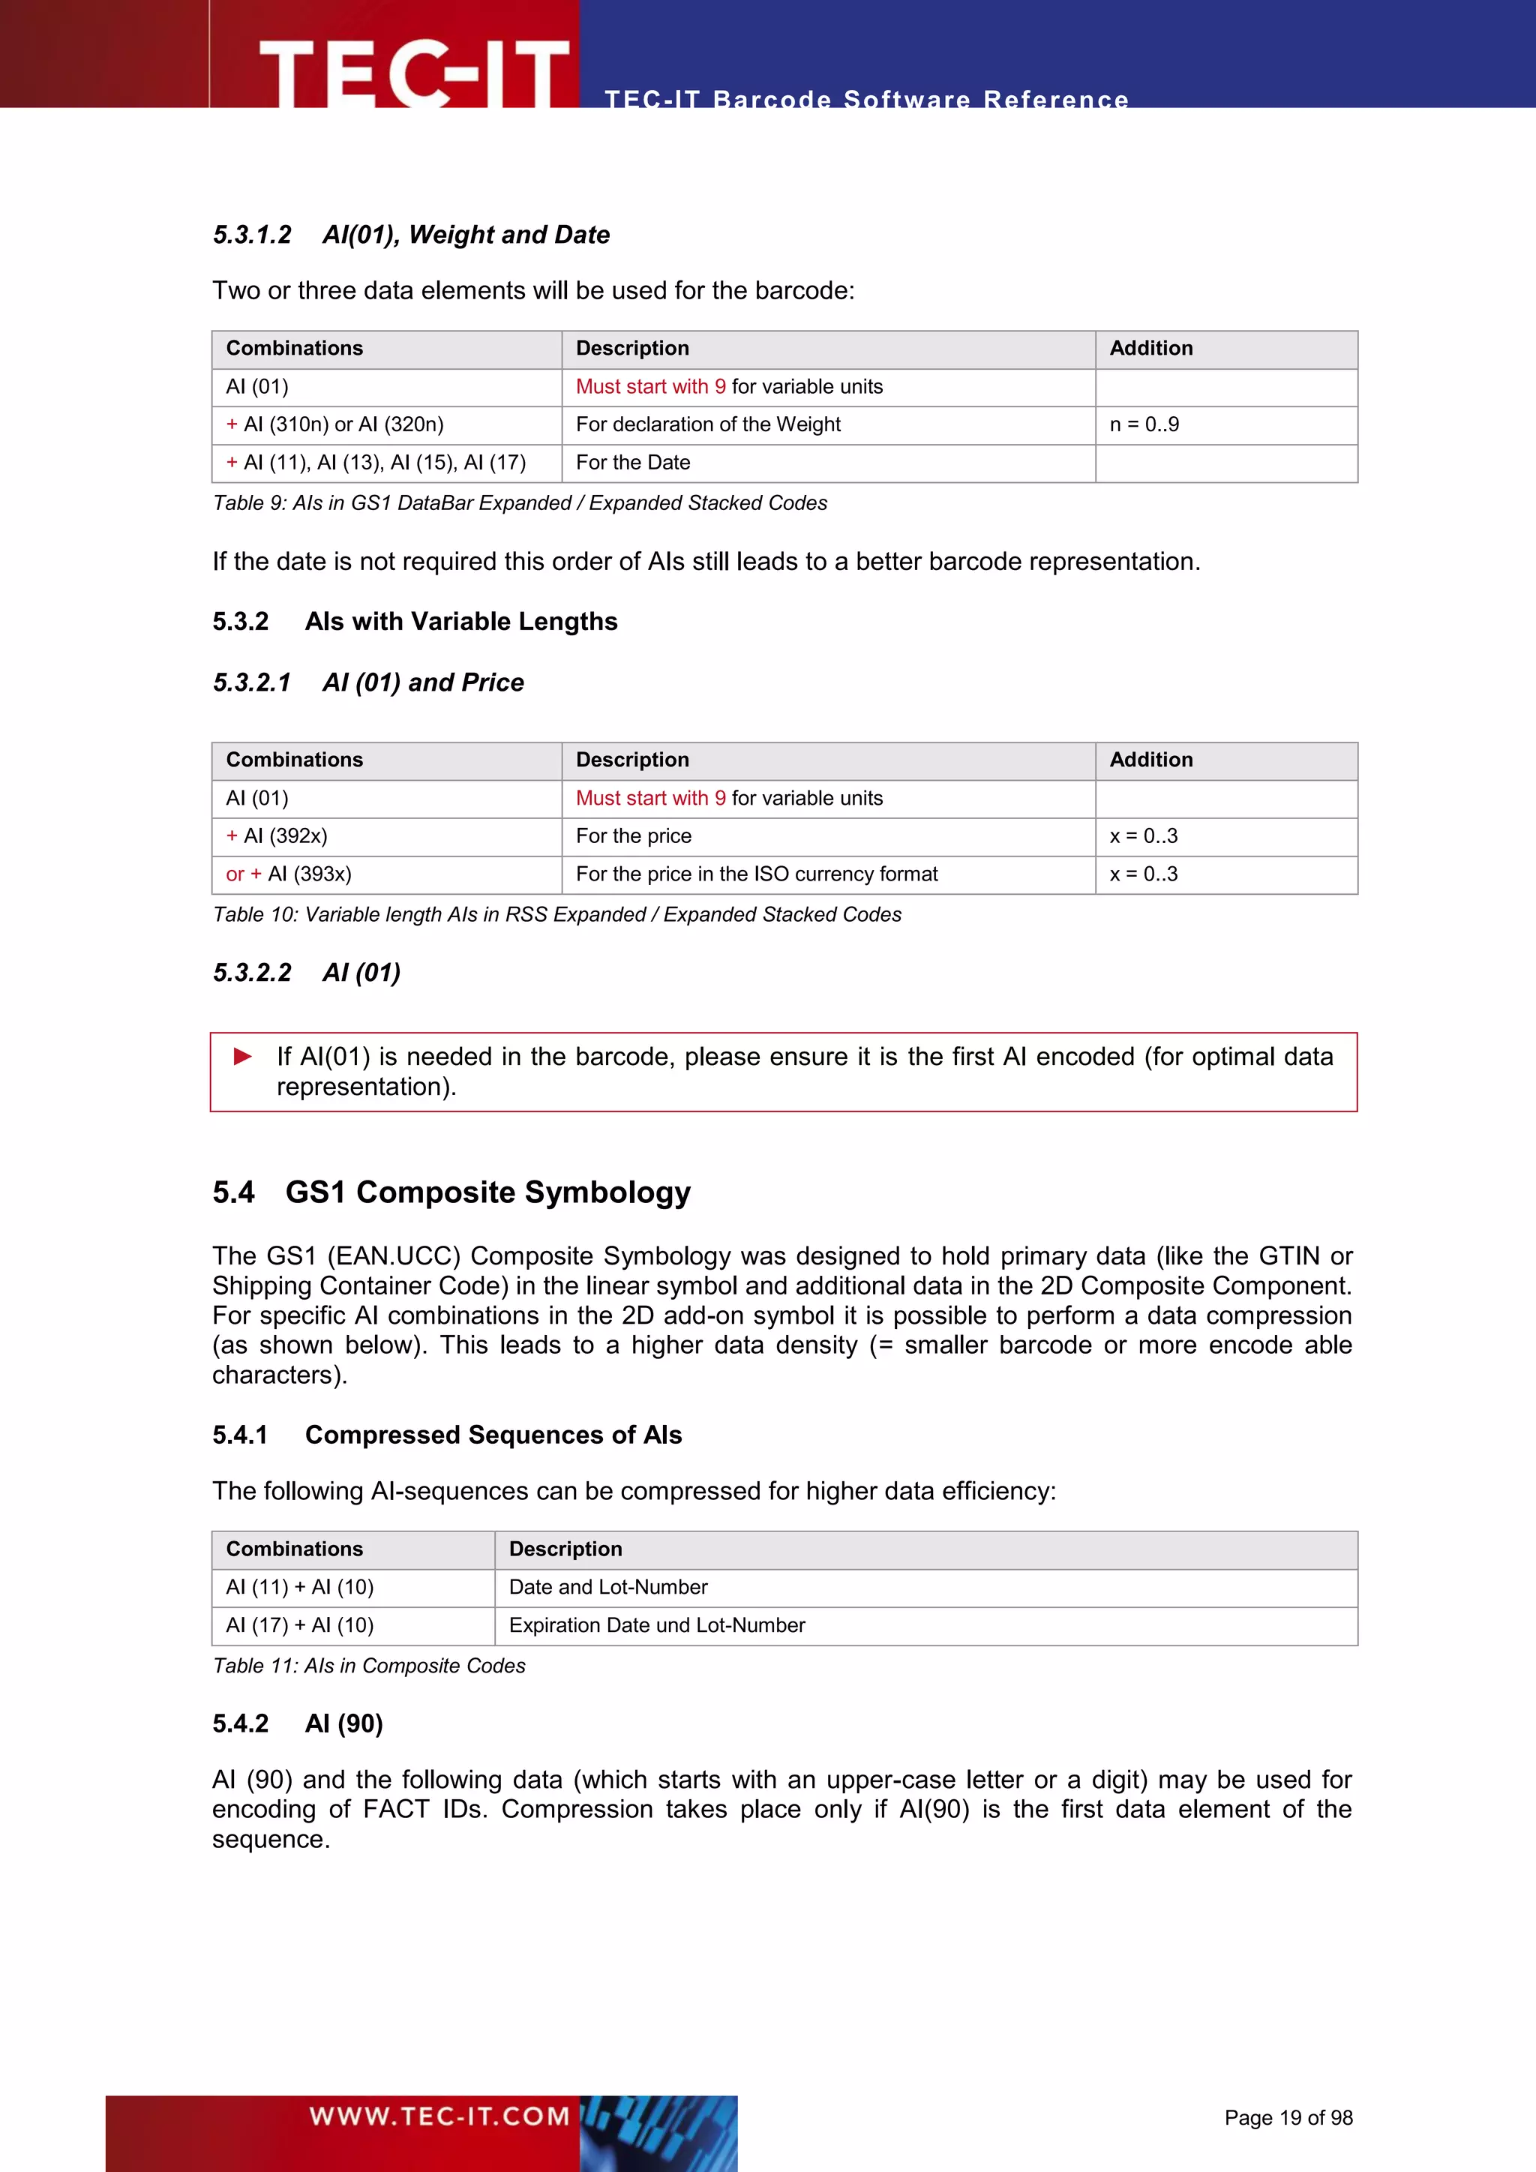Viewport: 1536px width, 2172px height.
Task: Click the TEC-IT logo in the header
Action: (413, 71)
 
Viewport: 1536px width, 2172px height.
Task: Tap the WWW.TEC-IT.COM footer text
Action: (439, 2115)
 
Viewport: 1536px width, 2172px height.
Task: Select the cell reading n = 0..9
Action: (1144, 424)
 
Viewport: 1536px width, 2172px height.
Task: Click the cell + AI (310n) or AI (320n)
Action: (334, 424)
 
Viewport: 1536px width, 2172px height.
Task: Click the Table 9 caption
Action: (519, 503)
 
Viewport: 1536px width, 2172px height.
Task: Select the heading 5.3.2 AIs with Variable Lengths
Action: (414, 622)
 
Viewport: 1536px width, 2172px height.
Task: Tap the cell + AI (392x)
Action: (276, 836)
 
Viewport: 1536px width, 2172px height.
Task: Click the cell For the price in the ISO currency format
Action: (757, 874)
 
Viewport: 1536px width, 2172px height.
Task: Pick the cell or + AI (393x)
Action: (289, 874)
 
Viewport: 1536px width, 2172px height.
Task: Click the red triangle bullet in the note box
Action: (243, 1056)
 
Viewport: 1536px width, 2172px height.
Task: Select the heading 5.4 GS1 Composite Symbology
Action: (451, 1192)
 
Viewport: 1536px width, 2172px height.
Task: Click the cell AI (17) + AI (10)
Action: (300, 1625)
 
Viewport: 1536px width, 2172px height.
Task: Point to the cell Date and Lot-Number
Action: (608, 1588)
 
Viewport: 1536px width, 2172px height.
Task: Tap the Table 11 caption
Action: (369, 1666)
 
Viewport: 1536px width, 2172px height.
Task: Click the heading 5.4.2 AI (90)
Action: (297, 1723)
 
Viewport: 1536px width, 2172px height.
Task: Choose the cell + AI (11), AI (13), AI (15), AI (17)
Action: (376, 463)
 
